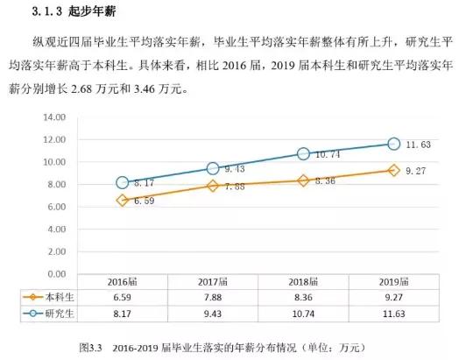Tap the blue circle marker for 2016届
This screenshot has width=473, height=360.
pos(124,183)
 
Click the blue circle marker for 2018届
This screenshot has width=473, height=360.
pos(303,153)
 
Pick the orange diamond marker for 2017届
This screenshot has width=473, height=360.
pos(213,185)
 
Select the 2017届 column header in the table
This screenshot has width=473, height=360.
pos(214,282)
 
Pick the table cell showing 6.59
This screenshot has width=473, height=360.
pos(124,297)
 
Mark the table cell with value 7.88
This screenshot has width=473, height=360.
pos(214,297)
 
